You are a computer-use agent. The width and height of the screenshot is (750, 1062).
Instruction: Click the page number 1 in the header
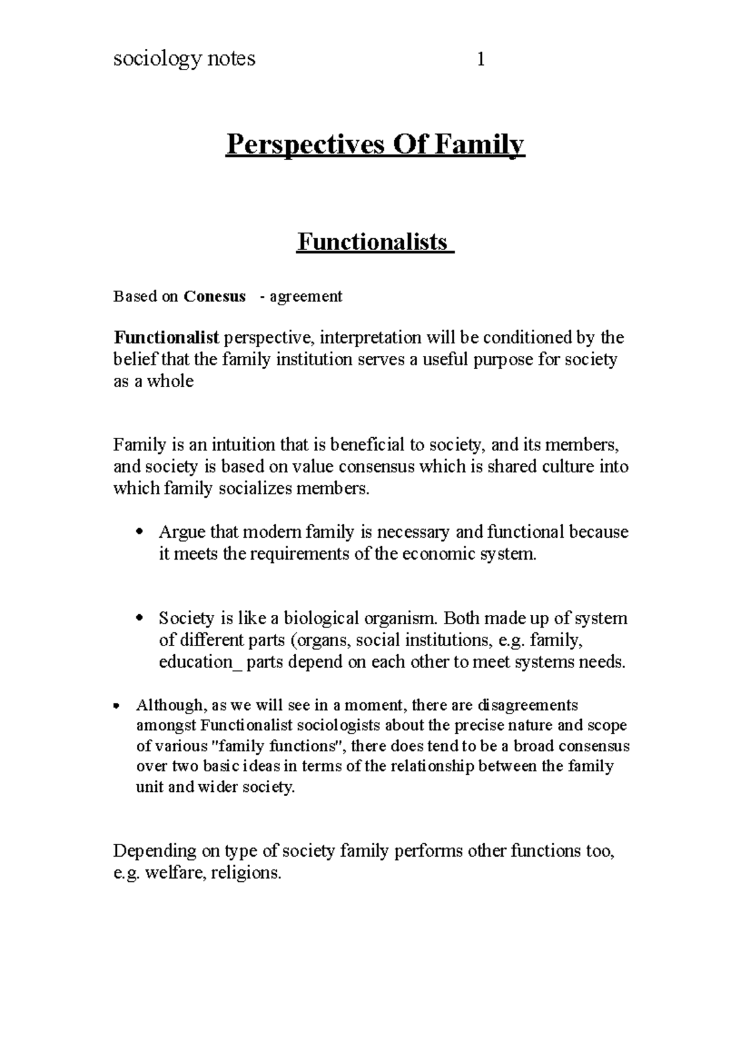481,59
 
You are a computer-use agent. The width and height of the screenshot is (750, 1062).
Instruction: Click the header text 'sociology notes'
184,59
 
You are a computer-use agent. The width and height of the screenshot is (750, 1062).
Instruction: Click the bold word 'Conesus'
214,296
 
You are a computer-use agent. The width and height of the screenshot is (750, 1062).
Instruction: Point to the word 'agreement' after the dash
306,296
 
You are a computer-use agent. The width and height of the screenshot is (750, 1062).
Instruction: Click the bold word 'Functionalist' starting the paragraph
166,338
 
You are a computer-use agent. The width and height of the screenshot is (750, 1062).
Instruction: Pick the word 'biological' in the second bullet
322,619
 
